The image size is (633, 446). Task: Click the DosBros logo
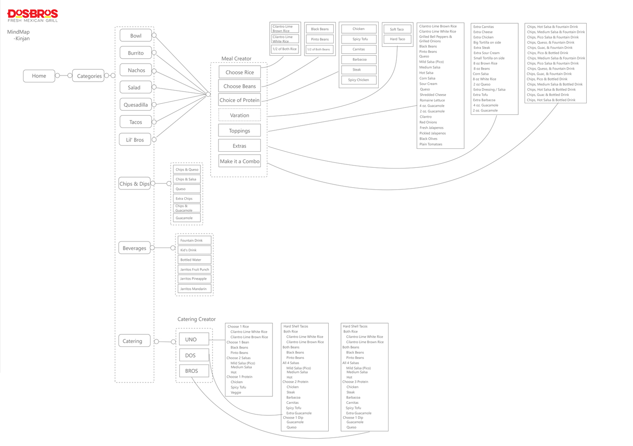point(33,16)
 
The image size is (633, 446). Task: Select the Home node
point(39,76)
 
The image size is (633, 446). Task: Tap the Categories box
point(89,76)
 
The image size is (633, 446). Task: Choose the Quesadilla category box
point(135,105)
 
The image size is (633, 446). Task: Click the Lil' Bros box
point(135,140)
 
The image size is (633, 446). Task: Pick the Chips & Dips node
point(134,184)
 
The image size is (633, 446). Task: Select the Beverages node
point(134,248)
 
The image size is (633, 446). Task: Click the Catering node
point(133,341)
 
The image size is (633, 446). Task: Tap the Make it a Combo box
point(239,161)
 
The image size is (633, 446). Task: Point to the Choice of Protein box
point(239,100)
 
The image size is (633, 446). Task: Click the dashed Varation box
point(239,115)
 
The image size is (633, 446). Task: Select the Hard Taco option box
point(397,39)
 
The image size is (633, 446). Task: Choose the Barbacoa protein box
point(359,60)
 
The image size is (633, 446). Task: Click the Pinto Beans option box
point(320,39)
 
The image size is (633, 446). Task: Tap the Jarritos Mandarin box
point(194,289)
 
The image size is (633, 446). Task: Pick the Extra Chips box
point(187,198)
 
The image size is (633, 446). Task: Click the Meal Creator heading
point(236,59)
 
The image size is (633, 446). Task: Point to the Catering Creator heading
point(197,319)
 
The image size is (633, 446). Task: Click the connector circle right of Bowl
point(154,36)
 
